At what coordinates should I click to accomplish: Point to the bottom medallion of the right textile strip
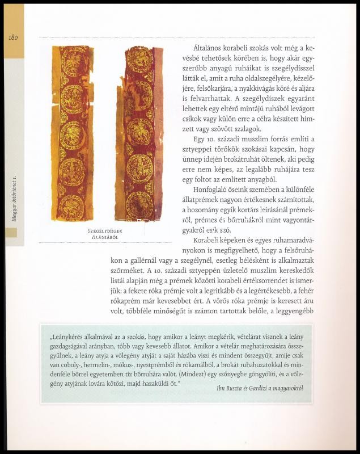[138, 206]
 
